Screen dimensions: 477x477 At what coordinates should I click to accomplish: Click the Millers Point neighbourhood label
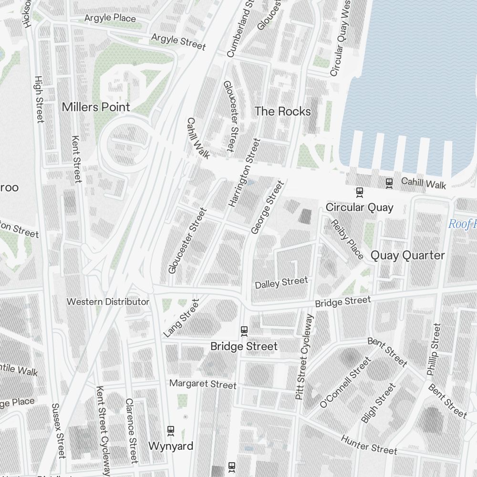point(96,107)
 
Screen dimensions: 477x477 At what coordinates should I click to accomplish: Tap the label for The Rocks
point(282,112)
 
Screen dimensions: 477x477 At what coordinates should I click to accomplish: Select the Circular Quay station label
point(359,207)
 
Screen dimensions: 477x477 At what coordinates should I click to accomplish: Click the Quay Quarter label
point(407,255)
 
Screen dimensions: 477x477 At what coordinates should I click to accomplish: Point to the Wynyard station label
point(171,446)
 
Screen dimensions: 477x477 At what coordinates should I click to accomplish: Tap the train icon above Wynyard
point(171,431)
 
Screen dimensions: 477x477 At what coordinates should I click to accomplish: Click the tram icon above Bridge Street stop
point(244,331)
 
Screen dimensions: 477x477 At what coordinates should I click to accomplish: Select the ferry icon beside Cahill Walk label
point(389,183)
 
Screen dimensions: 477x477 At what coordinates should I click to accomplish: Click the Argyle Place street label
point(110,18)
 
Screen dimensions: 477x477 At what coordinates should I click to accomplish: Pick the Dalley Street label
point(281,282)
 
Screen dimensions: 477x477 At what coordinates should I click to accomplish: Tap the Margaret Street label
point(203,384)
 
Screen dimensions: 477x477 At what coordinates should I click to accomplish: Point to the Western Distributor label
point(108,301)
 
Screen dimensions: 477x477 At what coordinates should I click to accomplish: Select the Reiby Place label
point(347,238)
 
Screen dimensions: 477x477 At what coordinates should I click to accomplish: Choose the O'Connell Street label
point(345,383)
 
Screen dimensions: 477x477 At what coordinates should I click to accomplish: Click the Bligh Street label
point(379,403)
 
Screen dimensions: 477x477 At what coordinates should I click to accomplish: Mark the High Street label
point(39,99)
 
